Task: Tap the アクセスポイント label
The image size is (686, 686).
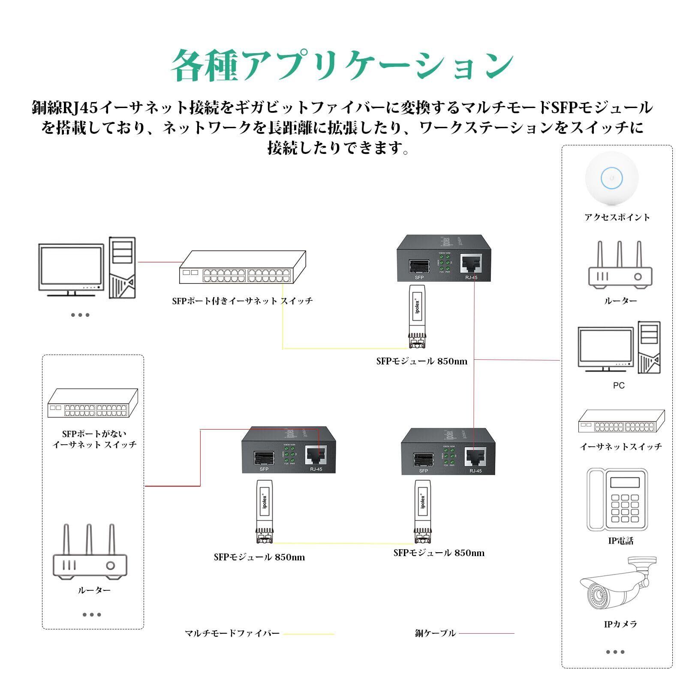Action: pos(617,217)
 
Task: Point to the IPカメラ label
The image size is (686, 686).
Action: pos(620,624)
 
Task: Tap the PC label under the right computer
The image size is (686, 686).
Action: pos(619,385)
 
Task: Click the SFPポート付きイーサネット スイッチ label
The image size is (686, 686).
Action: pos(242,301)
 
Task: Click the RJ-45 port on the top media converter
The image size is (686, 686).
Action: pos(471,263)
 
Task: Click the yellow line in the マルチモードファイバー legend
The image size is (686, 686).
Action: pos(309,634)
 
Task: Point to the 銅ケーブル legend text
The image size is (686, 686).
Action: pos(435,633)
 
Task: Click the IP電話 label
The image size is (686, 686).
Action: pos(620,541)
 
